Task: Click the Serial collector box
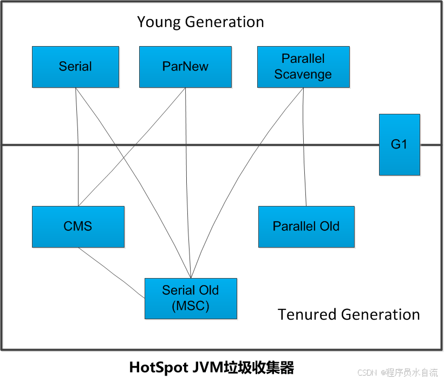(75, 67)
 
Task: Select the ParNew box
(185, 67)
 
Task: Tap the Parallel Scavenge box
(303, 67)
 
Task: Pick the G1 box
(400, 145)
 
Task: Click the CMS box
(78, 226)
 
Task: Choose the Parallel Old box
(306, 226)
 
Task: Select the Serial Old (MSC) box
(191, 298)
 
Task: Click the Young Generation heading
(200, 22)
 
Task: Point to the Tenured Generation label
(349, 314)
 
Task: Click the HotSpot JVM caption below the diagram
(211, 368)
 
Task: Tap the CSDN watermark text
(397, 372)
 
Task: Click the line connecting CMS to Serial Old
(111, 272)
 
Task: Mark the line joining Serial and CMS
(79, 163)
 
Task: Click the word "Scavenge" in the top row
(303, 74)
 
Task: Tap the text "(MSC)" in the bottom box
(191, 306)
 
